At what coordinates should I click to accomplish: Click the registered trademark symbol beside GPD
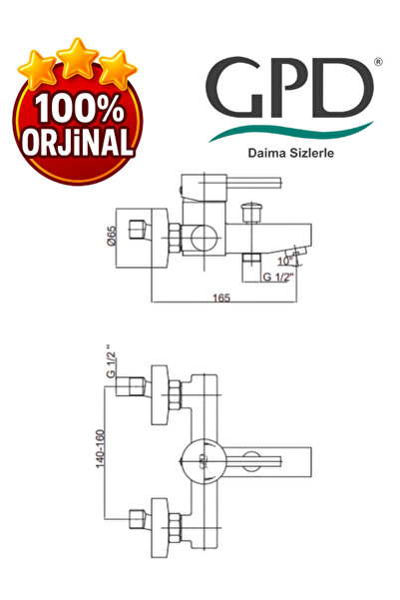(376, 63)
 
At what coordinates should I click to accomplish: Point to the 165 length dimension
(221, 297)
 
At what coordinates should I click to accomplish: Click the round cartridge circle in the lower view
(203, 461)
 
